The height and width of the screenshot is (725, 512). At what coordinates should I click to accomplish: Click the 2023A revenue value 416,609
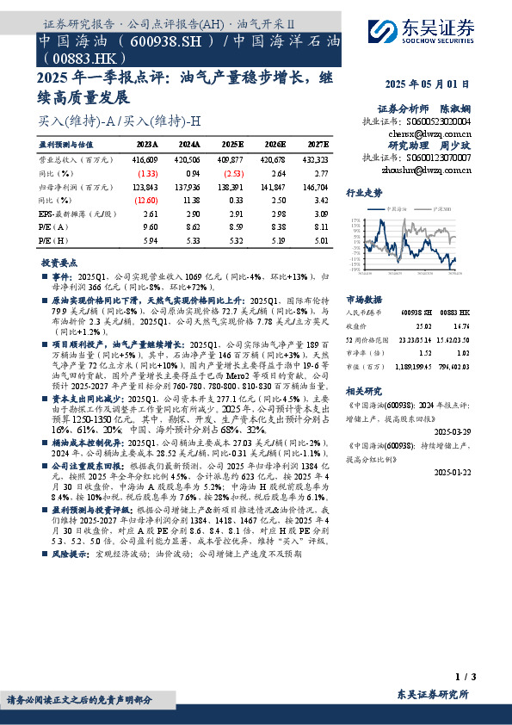click(145, 159)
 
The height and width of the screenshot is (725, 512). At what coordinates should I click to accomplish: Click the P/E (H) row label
click(52, 240)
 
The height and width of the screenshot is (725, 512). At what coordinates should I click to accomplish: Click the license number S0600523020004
click(438, 122)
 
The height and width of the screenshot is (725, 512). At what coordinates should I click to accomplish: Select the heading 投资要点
click(59, 262)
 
